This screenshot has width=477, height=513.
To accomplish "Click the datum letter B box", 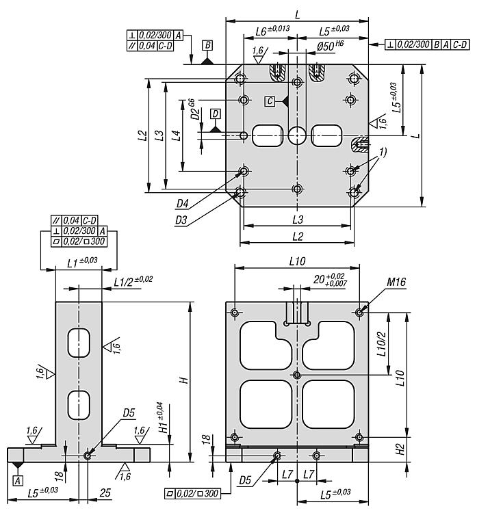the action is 207,45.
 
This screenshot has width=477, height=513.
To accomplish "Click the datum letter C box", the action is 270,101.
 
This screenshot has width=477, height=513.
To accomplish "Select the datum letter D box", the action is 216,114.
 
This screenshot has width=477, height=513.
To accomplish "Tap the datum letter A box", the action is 18,480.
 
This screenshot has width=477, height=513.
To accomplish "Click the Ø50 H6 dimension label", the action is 330,46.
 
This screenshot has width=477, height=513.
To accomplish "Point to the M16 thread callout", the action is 396,282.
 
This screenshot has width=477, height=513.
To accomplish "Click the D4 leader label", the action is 183,204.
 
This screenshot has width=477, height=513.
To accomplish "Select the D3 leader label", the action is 181,220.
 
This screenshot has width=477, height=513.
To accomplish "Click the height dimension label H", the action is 184,380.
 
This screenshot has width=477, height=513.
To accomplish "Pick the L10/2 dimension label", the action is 381,343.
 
